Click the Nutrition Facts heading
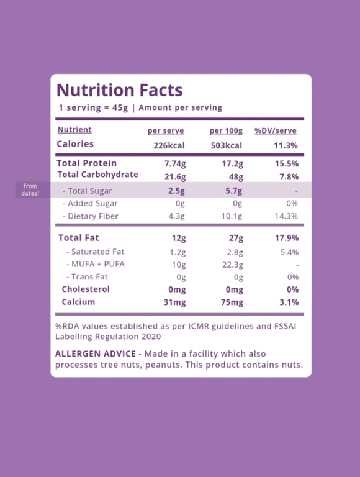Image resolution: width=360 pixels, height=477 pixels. [120, 90]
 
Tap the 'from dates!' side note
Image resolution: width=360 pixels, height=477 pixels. [30, 189]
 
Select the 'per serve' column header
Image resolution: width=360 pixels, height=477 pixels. [166, 131]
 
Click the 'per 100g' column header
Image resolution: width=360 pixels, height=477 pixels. [226, 131]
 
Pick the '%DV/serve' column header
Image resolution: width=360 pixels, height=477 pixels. [276, 130]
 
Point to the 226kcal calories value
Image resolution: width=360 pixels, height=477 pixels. [169, 145]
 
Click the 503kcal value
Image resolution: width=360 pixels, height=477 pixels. [227, 145]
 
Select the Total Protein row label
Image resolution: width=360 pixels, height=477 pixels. [87, 163]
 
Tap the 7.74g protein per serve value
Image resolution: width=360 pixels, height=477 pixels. [175, 164]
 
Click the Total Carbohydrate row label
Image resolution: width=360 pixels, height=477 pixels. [97, 175]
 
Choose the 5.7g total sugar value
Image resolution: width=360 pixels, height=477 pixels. [234, 191]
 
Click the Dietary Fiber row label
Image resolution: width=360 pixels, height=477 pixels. [91, 216]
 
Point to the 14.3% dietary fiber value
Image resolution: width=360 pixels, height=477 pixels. [286, 216]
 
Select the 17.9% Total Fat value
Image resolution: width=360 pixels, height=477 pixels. [287, 238]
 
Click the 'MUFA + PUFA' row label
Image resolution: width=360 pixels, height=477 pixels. [96, 264]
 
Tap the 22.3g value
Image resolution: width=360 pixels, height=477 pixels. [233, 265]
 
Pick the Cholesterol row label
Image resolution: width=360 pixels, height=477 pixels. [86, 289]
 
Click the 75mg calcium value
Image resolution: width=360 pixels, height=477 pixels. [232, 302]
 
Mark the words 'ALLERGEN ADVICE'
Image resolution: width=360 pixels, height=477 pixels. [96, 353]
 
